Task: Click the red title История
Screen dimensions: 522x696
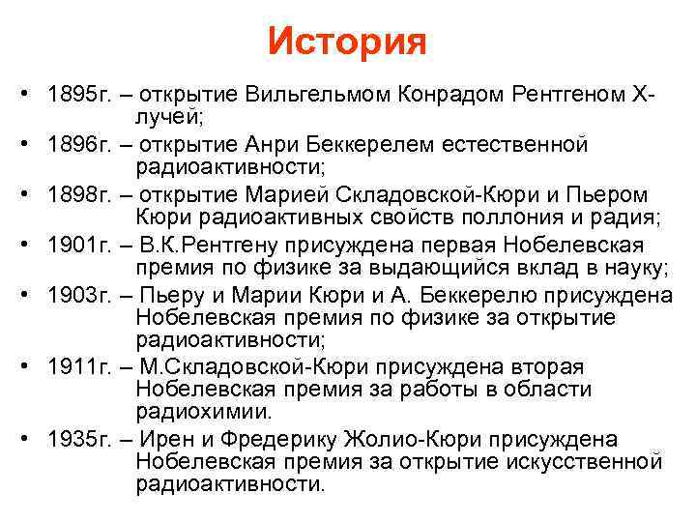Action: [x=347, y=41]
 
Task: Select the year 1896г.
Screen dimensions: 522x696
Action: [x=80, y=145]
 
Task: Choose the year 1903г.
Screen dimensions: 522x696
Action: [x=80, y=294]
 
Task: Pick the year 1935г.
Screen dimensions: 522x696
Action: [x=80, y=439]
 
